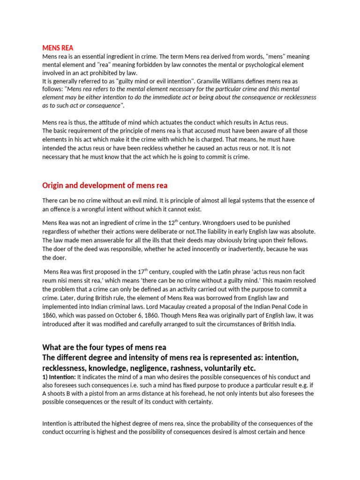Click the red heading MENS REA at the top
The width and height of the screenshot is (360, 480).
(58, 48)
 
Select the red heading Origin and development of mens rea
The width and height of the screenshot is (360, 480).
(105, 185)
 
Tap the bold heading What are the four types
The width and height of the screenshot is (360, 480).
(104, 347)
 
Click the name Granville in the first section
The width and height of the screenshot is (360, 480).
(217, 81)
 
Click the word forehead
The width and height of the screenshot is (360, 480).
(218, 394)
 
